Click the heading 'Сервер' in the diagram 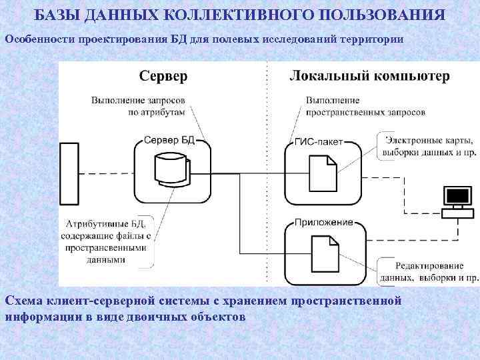click(163, 76)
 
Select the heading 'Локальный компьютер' click(370, 76)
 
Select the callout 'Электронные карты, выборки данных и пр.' click(427, 146)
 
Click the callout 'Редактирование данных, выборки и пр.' click(427, 271)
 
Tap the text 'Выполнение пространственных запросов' click(365, 107)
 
